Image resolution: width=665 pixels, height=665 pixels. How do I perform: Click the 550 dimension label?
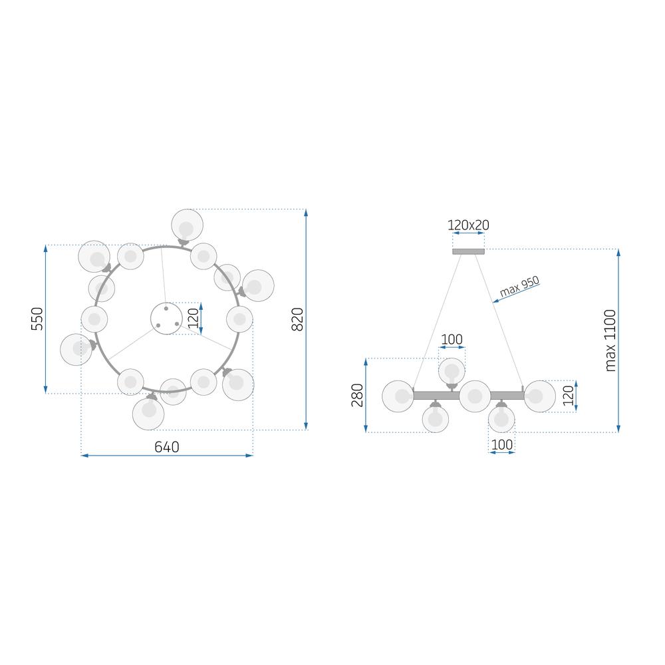point(37,319)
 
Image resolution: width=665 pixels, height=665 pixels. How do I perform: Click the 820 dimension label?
point(298,319)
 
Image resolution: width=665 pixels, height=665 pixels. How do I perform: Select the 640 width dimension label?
point(167,447)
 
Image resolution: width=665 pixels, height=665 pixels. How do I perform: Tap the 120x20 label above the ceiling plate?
point(468,225)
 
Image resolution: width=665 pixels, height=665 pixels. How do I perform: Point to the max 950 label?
point(519,286)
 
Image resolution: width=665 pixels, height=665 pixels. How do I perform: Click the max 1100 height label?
point(610,340)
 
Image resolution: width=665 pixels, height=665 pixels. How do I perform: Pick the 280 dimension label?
point(358,395)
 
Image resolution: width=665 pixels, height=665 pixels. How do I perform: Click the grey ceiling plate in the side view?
point(468,251)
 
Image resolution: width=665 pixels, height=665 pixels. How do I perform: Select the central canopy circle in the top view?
point(166,319)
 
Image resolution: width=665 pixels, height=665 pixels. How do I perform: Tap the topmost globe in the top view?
point(187,225)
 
